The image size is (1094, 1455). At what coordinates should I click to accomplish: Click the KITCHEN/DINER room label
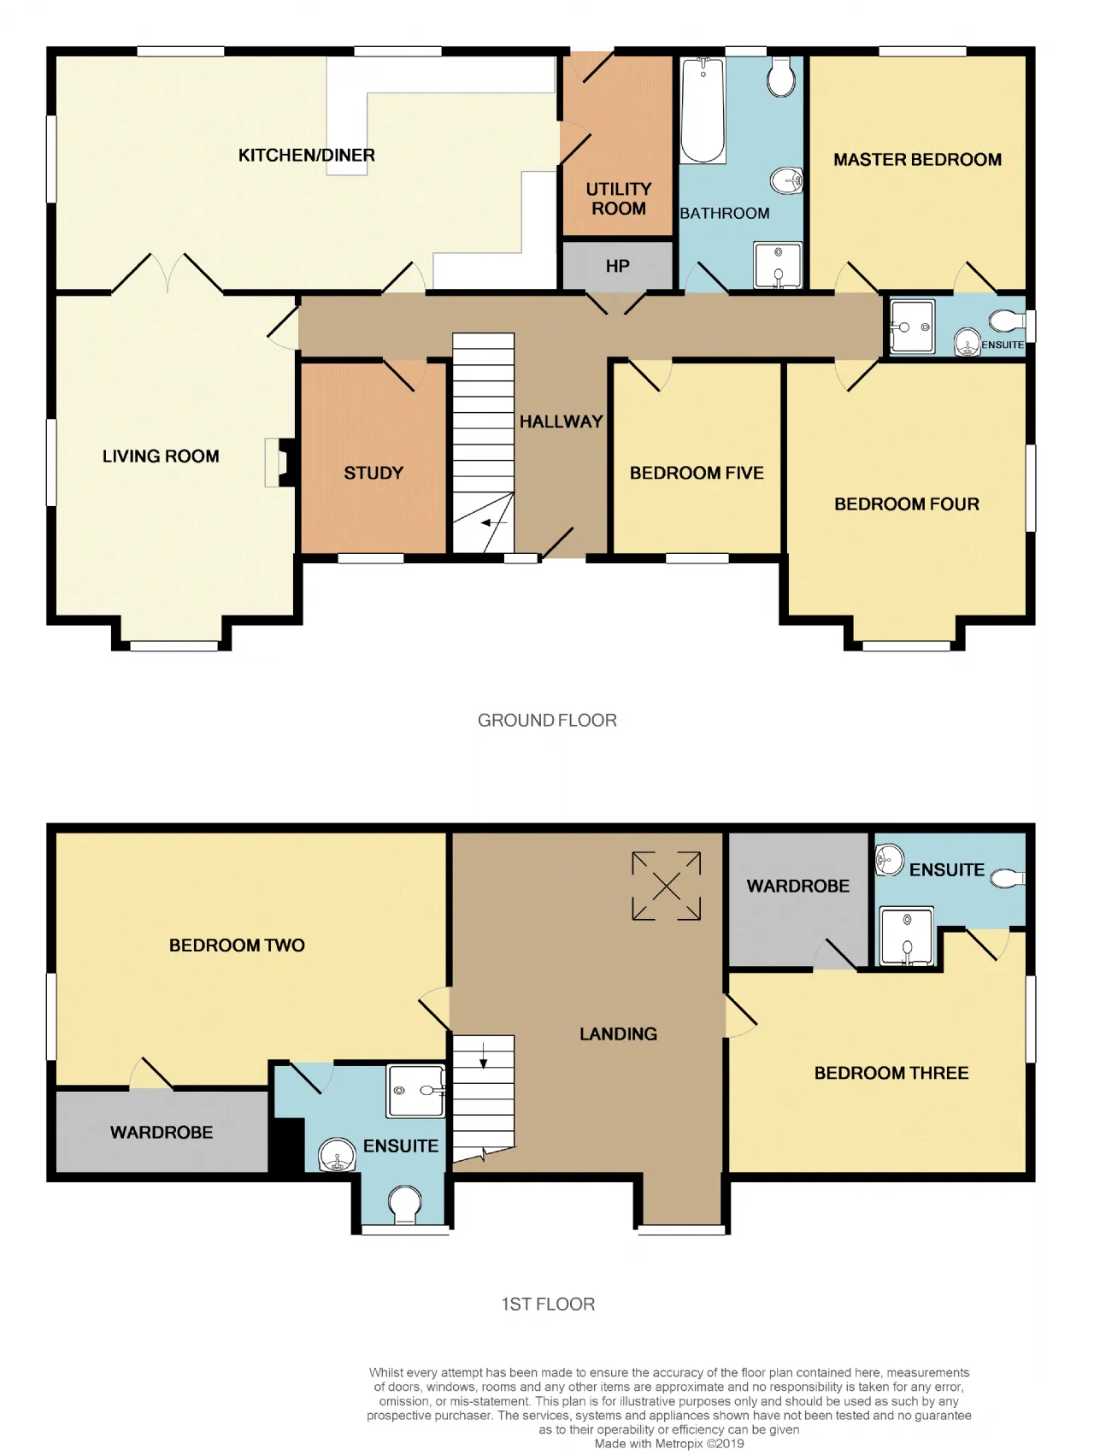point(306,155)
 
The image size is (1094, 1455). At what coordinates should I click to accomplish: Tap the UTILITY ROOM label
point(619,198)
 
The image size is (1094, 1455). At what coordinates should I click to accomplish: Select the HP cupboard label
point(617,266)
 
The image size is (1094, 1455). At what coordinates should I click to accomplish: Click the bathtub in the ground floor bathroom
point(703,109)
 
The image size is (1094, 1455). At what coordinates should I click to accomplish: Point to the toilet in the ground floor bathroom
point(781,76)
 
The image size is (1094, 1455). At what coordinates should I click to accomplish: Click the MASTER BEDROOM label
point(917,159)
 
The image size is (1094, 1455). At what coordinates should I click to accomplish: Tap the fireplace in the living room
point(280,462)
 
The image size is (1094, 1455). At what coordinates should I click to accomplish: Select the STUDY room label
point(373,473)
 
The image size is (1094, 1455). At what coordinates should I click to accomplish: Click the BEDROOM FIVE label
point(697,473)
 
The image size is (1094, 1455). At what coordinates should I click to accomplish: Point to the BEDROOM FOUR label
point(907,504)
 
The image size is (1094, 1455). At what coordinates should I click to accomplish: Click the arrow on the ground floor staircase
point(495,522)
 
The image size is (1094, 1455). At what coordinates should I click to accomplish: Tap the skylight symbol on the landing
point(667,886)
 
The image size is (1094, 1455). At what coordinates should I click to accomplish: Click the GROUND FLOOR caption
point(547,720)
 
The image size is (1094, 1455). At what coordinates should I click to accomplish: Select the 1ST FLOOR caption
point(548,1304)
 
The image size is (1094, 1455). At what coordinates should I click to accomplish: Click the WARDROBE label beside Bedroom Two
point(162,1132)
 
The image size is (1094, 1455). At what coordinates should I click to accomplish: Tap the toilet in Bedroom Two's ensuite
point(405,1206)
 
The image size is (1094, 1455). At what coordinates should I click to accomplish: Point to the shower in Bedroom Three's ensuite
point(906,937)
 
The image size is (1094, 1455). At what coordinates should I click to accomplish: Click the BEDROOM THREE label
point(891,1073)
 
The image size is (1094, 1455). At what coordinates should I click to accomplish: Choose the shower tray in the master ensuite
point(912,326)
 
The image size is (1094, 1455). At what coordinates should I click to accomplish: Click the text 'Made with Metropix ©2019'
point(669,1443)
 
